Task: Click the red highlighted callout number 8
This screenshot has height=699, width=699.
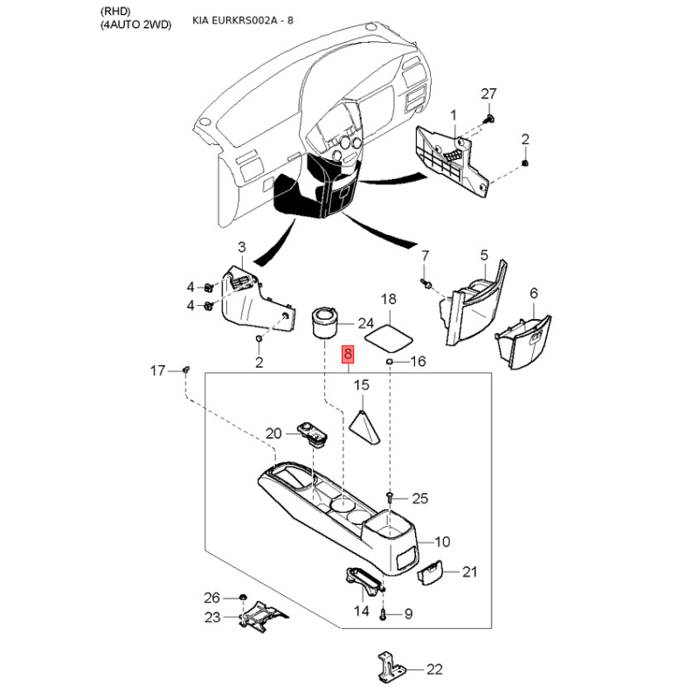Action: click(348, 355)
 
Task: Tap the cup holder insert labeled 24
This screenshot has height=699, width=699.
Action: click(323, 322)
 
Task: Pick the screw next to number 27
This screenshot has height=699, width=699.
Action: click(491, 119)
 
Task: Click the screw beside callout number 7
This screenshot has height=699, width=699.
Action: click(426, 283)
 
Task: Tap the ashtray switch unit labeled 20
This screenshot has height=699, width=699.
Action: click(313, 433)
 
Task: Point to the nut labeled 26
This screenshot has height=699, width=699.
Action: click(243, 598)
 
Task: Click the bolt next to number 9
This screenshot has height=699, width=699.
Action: click(384, 614)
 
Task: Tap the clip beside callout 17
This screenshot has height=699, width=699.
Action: click(186, 370)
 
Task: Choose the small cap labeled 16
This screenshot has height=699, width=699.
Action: click(389, 361)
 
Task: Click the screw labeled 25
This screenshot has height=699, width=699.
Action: click(389, 497)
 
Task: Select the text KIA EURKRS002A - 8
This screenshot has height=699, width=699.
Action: click(243, 20)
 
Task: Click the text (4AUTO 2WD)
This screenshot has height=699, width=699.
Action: click(136, 24)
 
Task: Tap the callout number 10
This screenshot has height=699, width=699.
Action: click(442, 542)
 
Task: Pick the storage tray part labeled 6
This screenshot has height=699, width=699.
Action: click(523, 341)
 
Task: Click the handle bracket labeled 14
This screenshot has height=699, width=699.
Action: click(363, 581)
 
